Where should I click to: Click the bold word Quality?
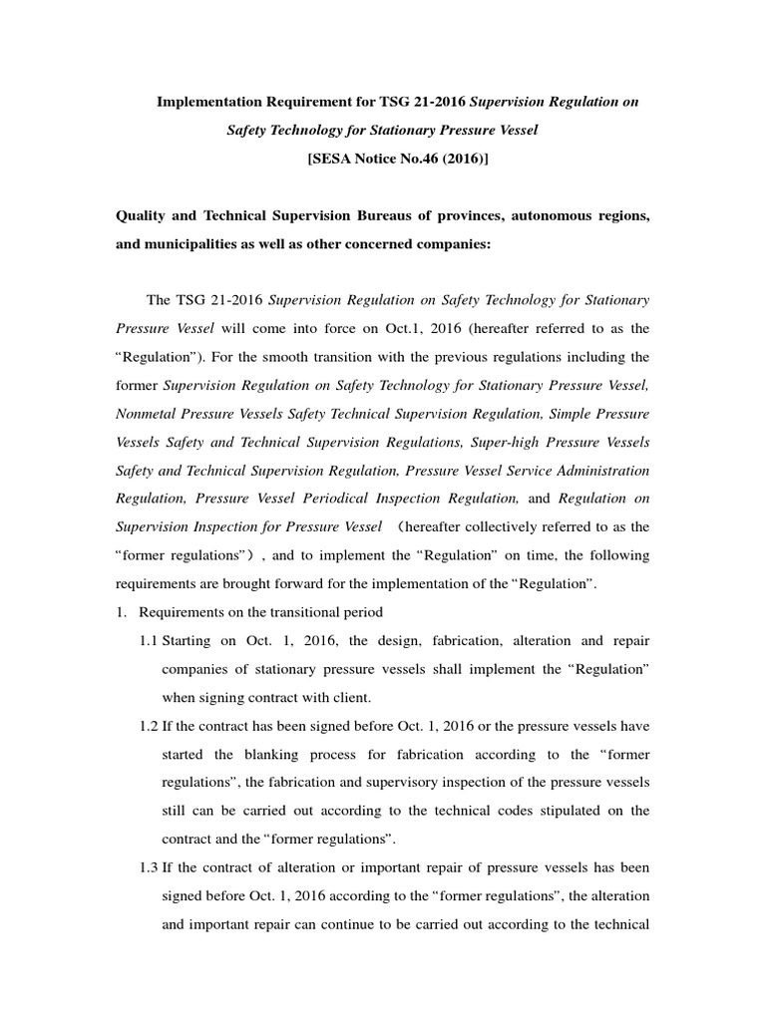pyautogui.click(x=142, y=216)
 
